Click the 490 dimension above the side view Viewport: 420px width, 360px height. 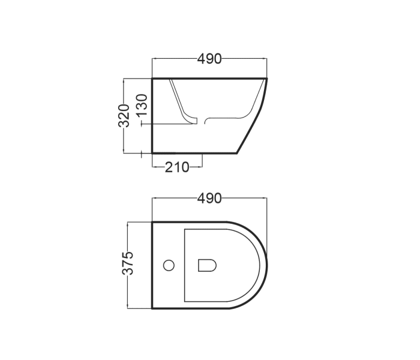point(209,59)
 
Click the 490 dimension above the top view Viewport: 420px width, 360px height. point(209,198)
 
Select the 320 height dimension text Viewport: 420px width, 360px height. point(125,115)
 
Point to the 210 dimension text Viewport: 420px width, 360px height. point(177,167)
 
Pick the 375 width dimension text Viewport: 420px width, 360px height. point(128,264)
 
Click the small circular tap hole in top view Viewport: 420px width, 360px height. point(169,265)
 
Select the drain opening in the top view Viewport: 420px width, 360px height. point(207,265)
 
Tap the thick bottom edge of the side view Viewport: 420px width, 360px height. point(195,152)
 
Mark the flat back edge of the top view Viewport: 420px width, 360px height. point(152,265)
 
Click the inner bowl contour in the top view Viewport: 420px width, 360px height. point(185,265)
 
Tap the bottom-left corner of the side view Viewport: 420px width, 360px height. point(152,152)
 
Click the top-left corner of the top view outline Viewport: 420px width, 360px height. point(152,223)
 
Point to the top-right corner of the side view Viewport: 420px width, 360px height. point(266,79)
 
